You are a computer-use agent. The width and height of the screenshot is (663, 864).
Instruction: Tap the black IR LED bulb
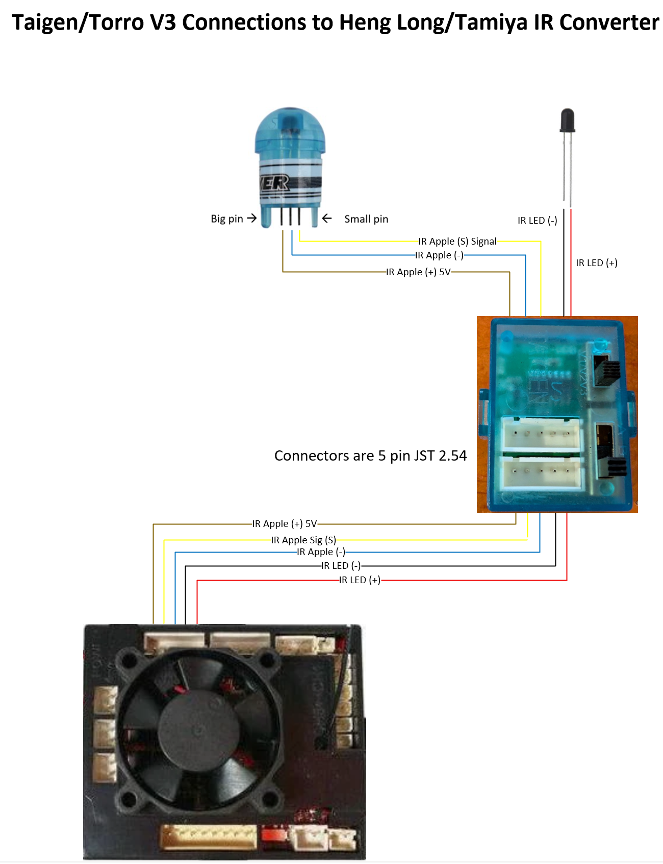tap(567, 121)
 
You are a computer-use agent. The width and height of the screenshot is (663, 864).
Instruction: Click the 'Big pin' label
tap(226, 219)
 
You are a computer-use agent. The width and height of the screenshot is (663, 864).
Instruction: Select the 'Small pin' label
tap(366, 219)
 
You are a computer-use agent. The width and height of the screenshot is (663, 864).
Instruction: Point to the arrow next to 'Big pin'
tap(252, 219)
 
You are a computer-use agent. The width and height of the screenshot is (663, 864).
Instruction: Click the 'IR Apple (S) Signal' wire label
tap(457, 242)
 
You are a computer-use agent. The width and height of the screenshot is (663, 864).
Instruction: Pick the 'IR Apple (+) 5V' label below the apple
tap(418, 272)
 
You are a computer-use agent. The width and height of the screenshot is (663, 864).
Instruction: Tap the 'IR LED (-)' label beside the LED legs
tap(537, 221)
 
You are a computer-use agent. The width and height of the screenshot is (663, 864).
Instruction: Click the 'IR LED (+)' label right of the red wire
tap(596, 263)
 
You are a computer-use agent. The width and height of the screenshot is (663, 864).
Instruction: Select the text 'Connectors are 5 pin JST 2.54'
tap(370, 455)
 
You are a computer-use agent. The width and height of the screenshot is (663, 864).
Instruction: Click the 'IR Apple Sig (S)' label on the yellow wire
tap(303, 540)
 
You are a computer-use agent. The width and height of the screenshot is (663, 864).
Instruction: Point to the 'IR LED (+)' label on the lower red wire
tap(360, 580)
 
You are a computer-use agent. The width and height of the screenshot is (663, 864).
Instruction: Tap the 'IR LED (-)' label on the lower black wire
tap(341, 566)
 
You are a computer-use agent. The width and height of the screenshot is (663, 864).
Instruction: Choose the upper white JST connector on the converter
tap(541, 434)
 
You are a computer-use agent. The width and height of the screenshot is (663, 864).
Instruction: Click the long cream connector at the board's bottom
tap(209, 837)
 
